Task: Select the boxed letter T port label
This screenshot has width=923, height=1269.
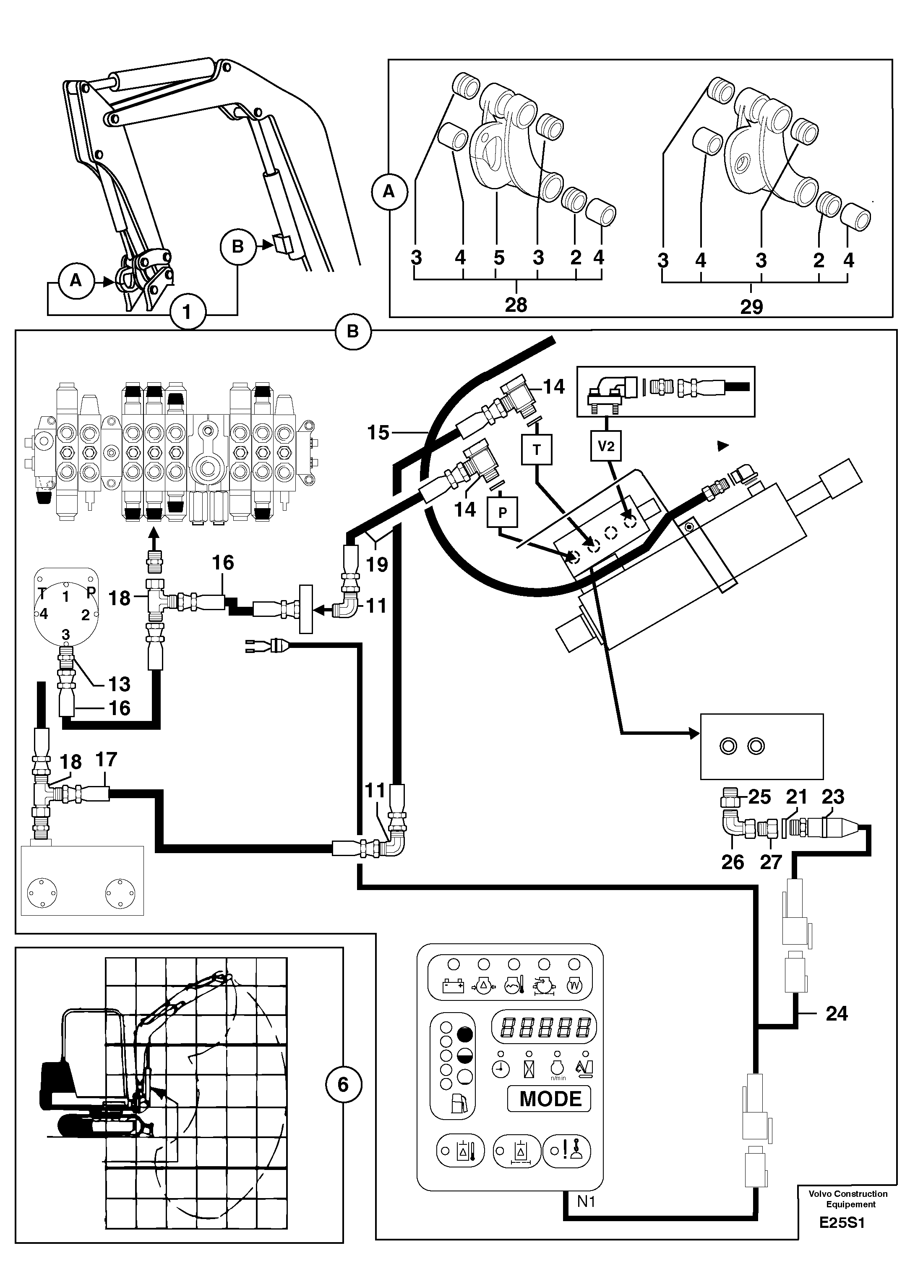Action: tap(537, 449)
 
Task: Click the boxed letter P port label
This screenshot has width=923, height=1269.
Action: tap(502, 512)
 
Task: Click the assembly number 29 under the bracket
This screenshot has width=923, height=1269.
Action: tap(751, 307)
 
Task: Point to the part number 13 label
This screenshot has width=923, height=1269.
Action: tap(120, 684)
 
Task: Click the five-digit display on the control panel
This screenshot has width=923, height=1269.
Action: tap(543, 1027)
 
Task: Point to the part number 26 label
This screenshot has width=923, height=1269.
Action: tap(732, 862)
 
